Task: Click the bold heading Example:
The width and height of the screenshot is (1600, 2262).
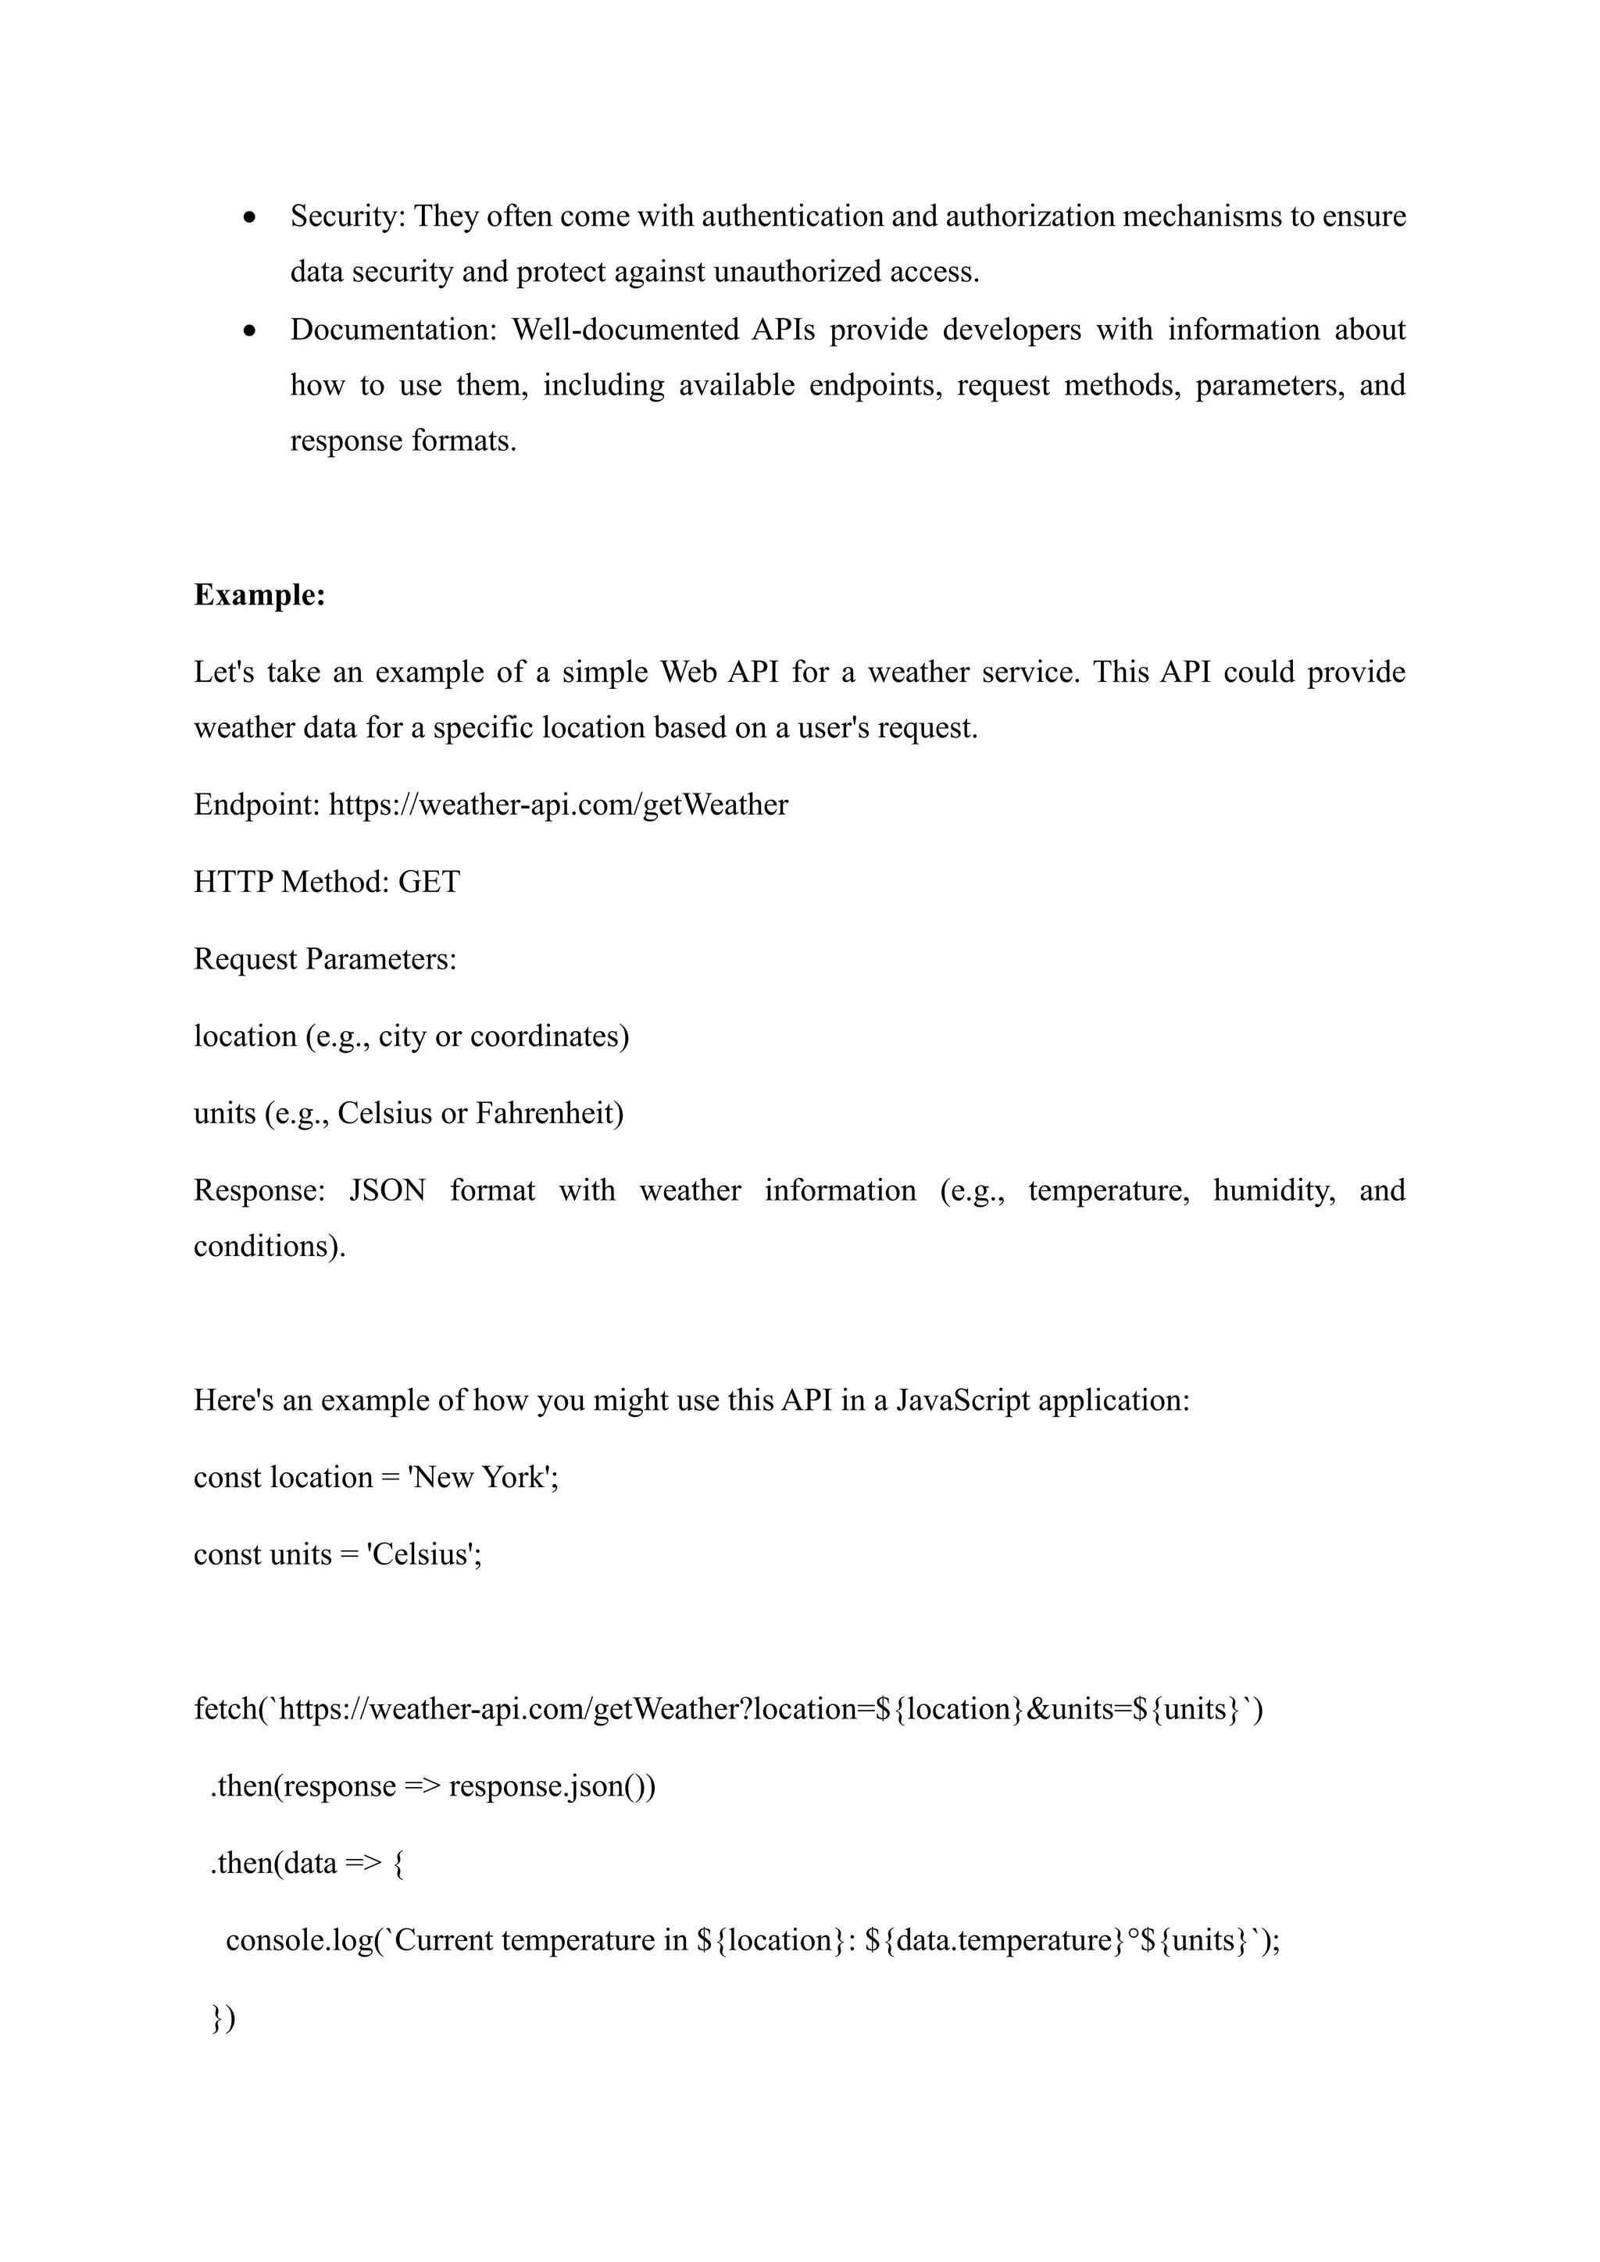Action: (x=259, y=595)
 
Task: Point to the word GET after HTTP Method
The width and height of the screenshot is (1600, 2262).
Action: (x=429, y=882)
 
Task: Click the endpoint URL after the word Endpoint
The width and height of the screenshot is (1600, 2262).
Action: (x=558, y=805)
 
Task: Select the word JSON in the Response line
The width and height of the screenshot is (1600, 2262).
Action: (x=387, y=1190)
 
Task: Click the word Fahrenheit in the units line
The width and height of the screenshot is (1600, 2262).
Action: (x=548, y=1113)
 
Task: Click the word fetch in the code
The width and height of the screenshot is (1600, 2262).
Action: (x=225, y=1709)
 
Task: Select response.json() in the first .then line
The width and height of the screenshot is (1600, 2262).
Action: (x=552, y=1786)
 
